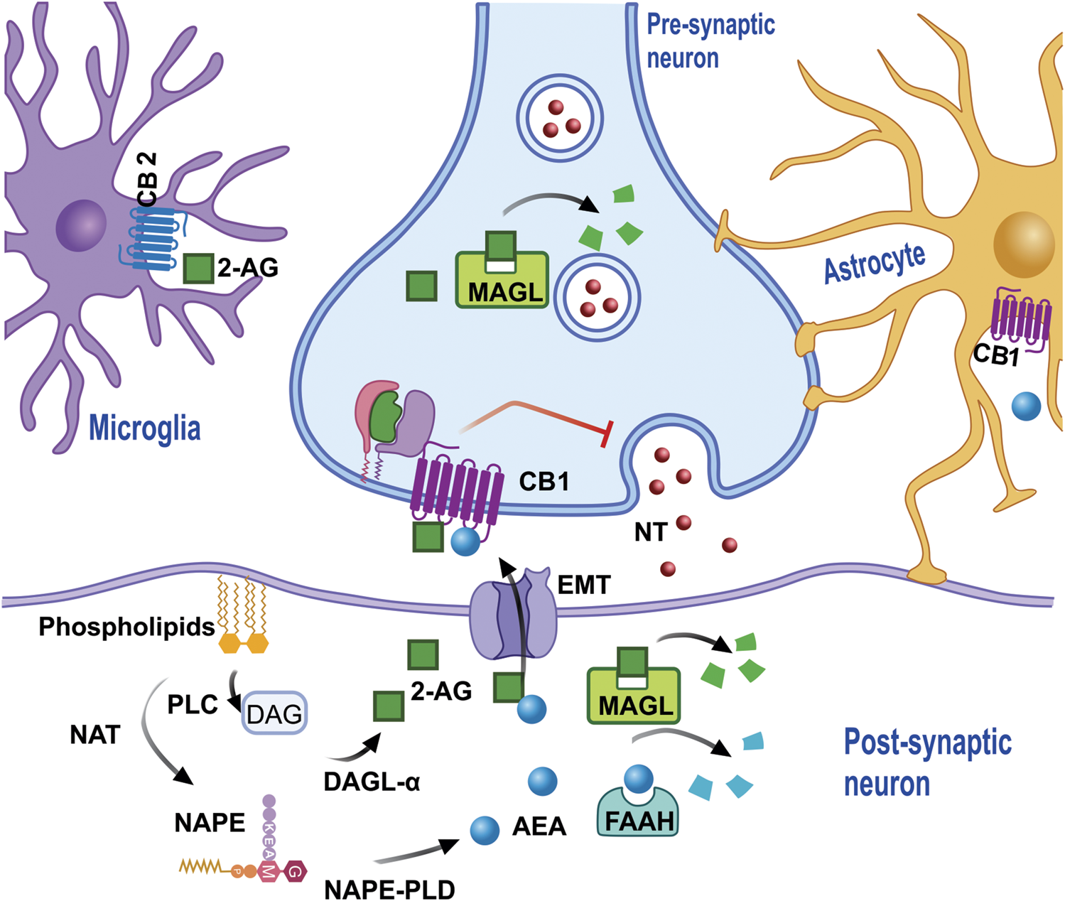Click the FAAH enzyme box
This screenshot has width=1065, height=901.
coord(638,811)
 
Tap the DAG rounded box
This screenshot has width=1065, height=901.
coord(274,712)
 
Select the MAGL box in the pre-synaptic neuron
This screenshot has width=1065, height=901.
coord(502,280)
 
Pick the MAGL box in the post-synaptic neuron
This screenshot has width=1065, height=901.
coord(634,695)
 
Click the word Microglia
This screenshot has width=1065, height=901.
coord(145,428)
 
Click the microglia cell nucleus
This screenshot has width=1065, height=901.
coord(81,226)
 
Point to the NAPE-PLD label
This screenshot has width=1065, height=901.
coord(389,888)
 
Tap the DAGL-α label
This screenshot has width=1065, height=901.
coord(372,782)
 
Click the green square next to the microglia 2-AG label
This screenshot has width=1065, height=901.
coord(199,269)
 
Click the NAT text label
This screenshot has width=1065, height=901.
coord(94,735)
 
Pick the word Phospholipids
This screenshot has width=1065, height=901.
coord(126,627)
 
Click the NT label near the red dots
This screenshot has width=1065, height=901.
coord(651,532)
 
